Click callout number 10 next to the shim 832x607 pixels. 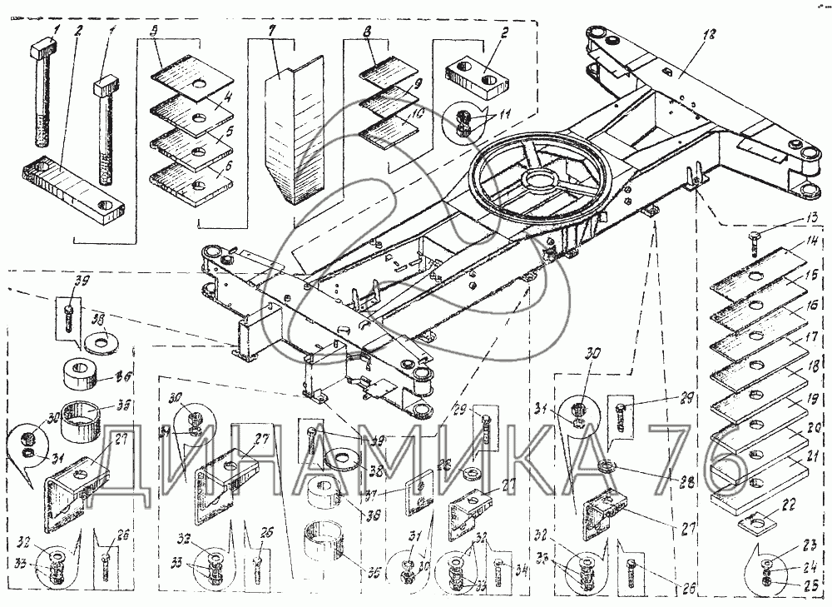pyautogui.click(x=419, y=114)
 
